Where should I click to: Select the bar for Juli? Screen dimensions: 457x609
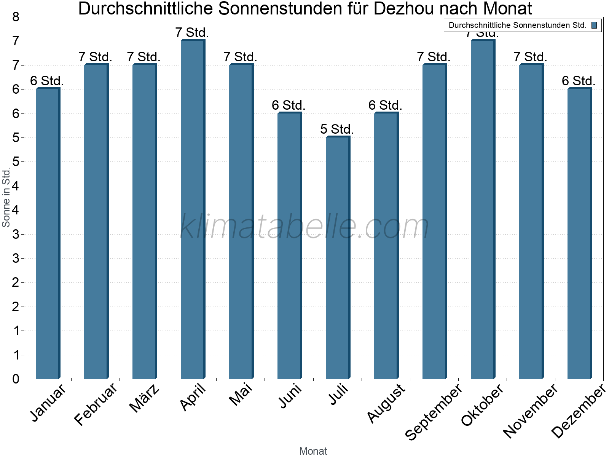tap(338, 258)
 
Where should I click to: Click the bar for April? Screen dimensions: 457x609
tap(193, 209)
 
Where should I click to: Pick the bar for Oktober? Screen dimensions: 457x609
tap(483, 209)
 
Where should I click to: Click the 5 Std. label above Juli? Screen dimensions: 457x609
tap(337, 129)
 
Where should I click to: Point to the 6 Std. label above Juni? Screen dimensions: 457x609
tap(289, 105)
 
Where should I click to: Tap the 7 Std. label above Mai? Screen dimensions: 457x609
tap(240, 57)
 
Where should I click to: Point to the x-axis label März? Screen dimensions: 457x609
tap(144, 398)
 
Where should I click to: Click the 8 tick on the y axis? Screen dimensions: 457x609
tap(16, 17)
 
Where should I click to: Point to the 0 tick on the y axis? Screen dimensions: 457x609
tap(16, 379)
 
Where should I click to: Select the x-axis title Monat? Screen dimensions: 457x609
tap(313, 451)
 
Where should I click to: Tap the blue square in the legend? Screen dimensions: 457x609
tap(594, 26)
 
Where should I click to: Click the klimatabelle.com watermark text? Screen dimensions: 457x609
tap(304, 227)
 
